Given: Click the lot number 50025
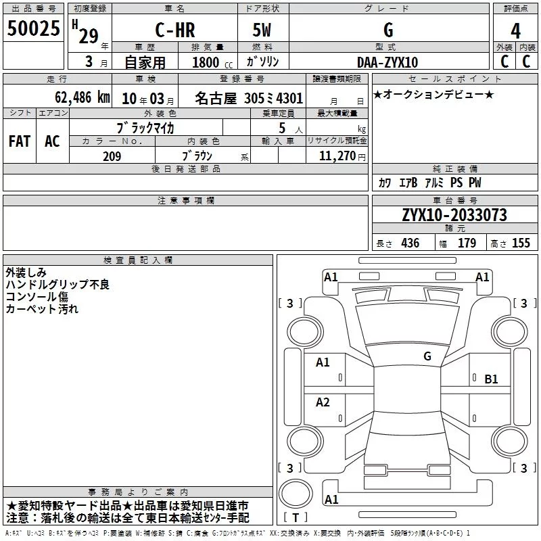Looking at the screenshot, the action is click(33, 28).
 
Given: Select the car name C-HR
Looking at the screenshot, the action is click(175, 30).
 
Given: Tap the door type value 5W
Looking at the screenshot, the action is click(262, 30).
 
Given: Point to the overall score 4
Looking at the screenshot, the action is click(515, 31).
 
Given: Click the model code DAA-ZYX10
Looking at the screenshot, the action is click(387, 62).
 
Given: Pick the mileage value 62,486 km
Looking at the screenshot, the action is click(83, 97).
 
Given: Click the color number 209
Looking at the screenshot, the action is click(112, 156).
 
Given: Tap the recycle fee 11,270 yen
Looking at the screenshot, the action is click(342, 156).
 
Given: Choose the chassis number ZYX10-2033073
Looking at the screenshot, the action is click(454, 215).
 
